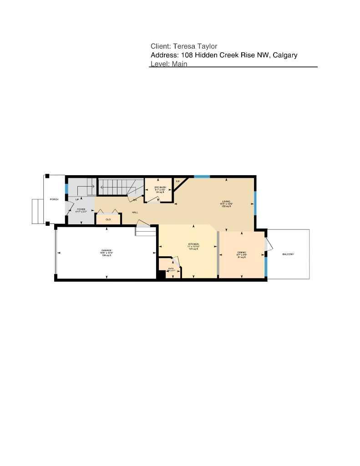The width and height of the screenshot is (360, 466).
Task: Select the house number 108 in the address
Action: pyautogui.click(x=187, y=55)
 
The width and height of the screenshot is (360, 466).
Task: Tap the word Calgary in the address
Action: pyautogui.click(x=285, y=55)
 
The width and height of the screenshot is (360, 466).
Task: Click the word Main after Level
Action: pyautogui.click(x=179, y=64)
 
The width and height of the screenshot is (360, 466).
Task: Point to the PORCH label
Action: pyautogui.click(x=54, y=200)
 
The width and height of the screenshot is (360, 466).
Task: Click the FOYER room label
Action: pyautogui.click(x=81, y=209)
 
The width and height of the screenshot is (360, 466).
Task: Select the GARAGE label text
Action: pyautogui.click(x=106, y=251)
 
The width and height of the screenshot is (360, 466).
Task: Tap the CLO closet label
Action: pyautogui.click(x=108, y=219)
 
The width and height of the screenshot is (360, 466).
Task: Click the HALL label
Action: pyautogui.click(x=135, y=213)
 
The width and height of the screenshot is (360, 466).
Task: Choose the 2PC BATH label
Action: pyautogui.click(x=159, y=187)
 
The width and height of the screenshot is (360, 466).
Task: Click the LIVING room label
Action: pyautogui.click(x=226, y=201)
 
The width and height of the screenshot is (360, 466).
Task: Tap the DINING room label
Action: pyautogui.click(x=241, y=253)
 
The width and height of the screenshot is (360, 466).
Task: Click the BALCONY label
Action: pyautogui.click(x=288, y=254)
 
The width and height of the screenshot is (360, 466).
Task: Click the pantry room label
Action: pyautogui.click(x=171, y=268)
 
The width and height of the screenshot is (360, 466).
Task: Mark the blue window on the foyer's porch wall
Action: pyautogui.click(x=66, y=188)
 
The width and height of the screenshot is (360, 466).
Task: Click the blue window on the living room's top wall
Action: pyautogui.click(x=202, y=176)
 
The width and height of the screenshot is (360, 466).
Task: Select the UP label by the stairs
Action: pyautogui.click(x=77, y=200)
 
